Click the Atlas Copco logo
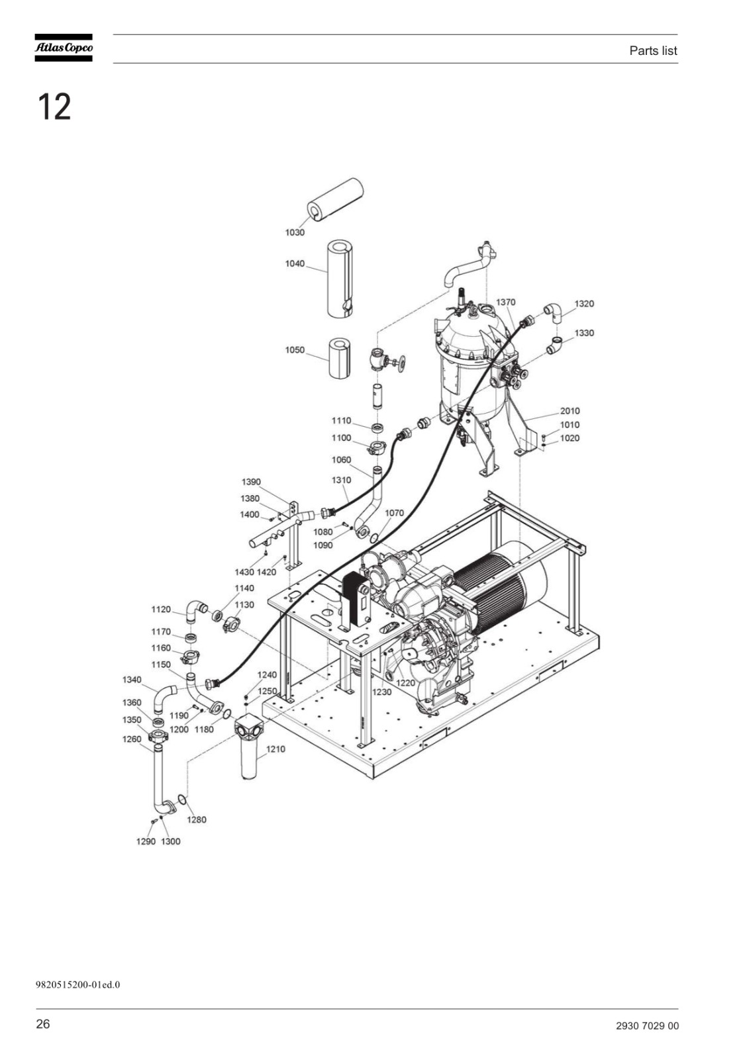[x=64, y=47]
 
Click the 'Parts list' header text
[x=653, y=50]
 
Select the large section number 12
[x=54, y=107]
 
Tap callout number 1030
[x=294, y=232]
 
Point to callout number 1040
[x=294, y=263]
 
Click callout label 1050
[x=294, y=350]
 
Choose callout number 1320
[x=584, y=304]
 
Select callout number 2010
[x=570, y=411]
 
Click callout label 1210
[x=275, y=749]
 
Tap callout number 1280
[x=197, y=820]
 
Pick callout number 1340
[x=132, y=679]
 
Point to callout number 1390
[x=251, y=482]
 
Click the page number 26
[x=42, y=1024]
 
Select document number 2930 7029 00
[x=647, y=1026]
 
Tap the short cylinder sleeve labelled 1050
[x=340, y=358]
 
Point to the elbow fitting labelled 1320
[x=554, y=312]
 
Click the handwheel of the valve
[x=402, y=363]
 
